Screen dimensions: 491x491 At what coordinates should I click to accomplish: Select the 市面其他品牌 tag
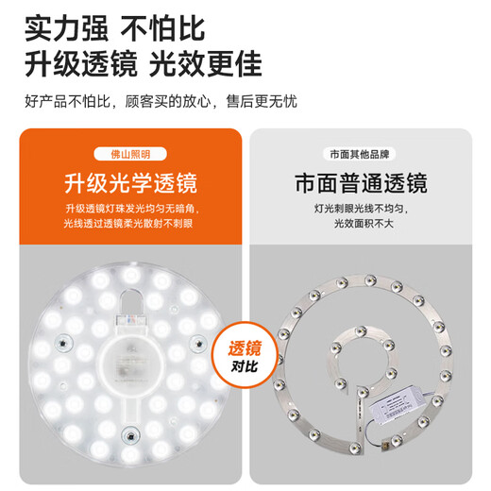[x=360, y=154]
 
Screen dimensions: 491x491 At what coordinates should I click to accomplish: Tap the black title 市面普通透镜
[x=360, y=181]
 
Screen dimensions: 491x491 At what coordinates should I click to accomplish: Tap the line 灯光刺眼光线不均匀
[x=360, y=209]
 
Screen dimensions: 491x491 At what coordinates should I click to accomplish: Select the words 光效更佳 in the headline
[x=203, y=63]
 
